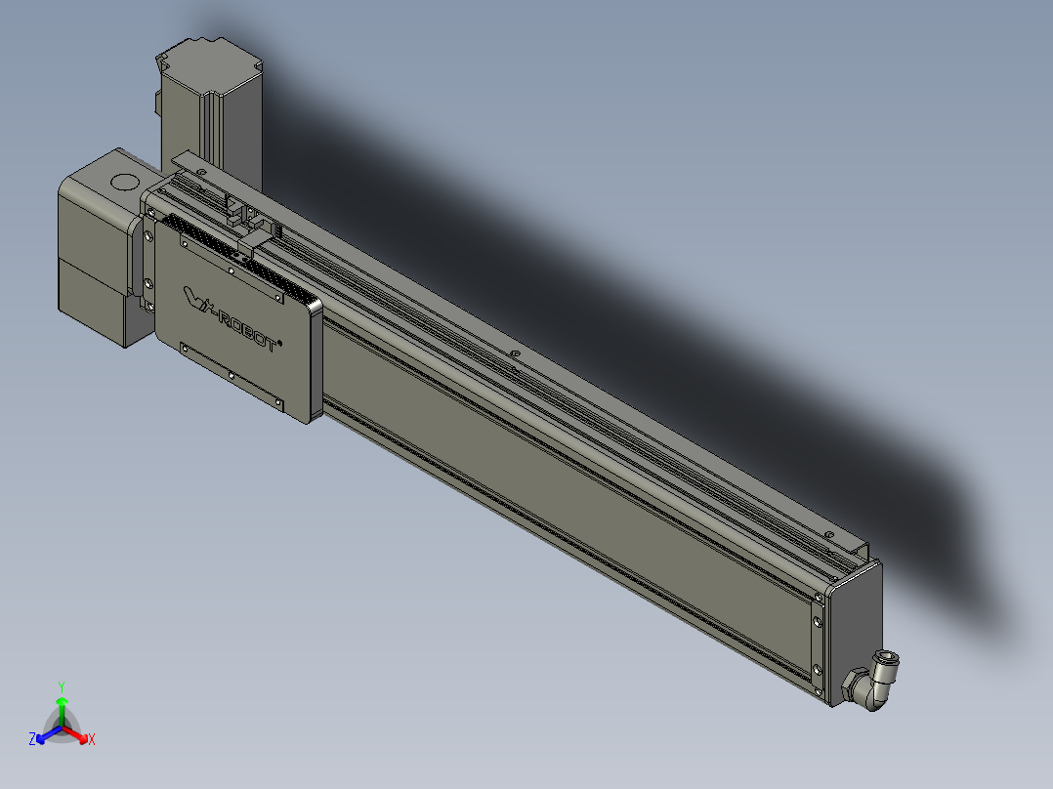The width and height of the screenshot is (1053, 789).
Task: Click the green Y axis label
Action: tap(62, 686)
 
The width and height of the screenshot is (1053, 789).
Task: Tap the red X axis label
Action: tap(92, 739)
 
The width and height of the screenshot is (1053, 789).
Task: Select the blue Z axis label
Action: tap(32, 739)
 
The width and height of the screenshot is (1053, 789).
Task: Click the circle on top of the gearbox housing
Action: tap(124, 182)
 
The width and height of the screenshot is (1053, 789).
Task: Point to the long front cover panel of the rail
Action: tap(567, 488)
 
